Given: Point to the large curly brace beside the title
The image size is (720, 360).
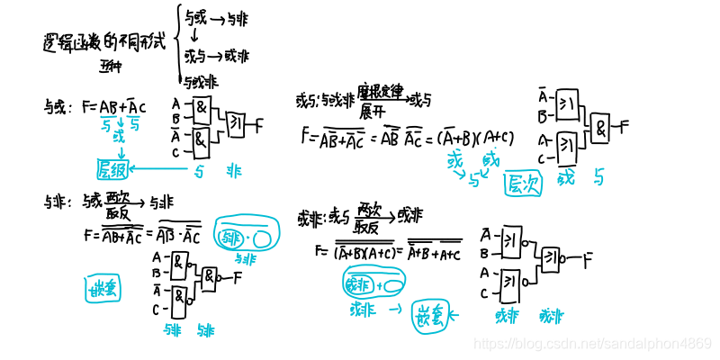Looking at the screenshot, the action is coord(179,45).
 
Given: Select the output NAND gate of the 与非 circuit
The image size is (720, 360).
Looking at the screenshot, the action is coord(210,277).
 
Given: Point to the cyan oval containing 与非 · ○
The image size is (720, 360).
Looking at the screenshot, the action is coord(246,238).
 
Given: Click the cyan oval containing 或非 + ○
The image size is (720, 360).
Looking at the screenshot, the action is coord(372,283).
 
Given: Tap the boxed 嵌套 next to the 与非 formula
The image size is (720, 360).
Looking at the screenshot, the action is coord(102,289).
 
